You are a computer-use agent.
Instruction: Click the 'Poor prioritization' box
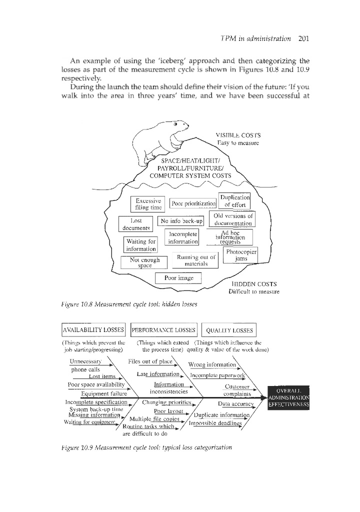coord(193,203)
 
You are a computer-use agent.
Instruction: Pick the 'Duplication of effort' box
coord(234,200)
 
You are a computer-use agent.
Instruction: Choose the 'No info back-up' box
coord(180,221)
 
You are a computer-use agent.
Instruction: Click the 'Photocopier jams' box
coord(241,255)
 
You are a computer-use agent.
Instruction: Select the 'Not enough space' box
coord(144,262)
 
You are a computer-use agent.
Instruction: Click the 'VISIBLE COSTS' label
coord(237,135)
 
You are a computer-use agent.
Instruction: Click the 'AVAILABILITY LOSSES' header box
coord(93,330)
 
